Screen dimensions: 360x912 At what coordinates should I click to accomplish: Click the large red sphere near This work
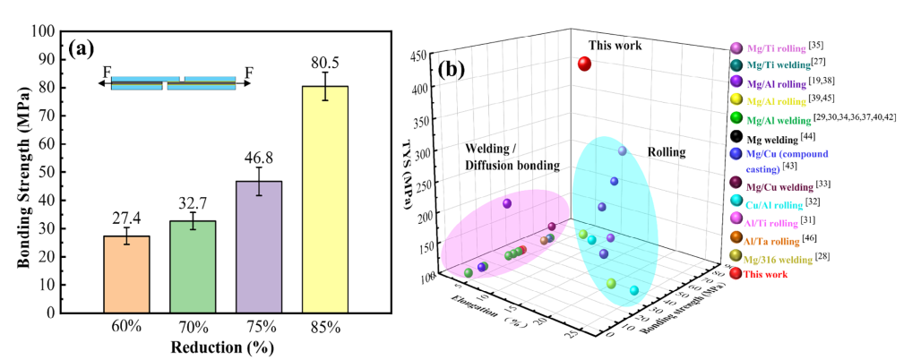click(584, 64)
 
